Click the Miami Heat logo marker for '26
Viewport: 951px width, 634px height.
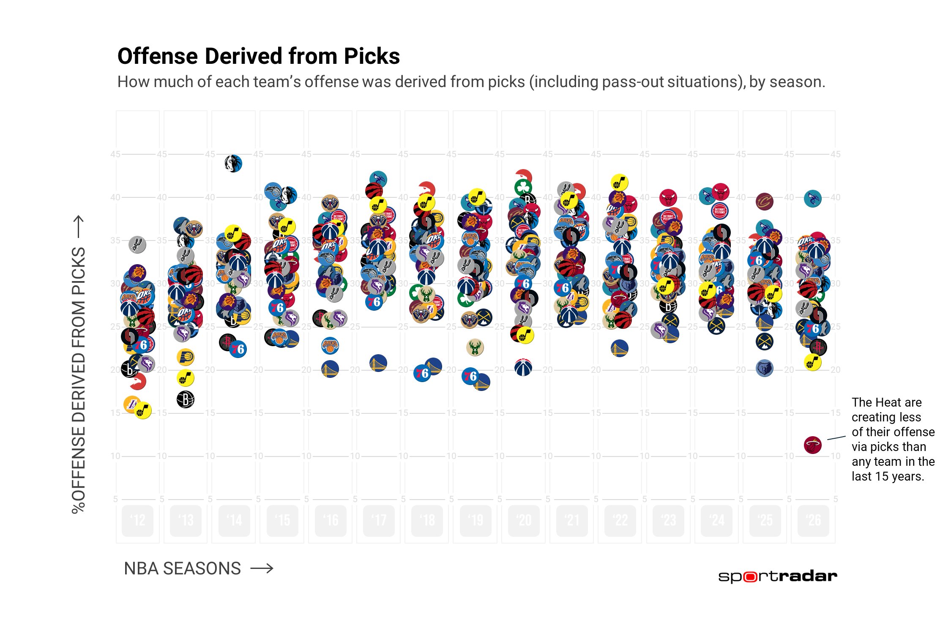812,445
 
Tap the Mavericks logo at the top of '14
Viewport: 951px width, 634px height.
233,164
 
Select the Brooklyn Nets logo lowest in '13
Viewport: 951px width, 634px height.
186,399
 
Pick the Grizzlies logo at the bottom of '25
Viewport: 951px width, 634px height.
764,368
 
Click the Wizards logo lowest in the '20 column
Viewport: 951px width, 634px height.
523,367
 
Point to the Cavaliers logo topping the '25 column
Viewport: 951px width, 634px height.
764,202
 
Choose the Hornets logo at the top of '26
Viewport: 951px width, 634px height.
812,198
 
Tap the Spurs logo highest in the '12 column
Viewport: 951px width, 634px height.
137,244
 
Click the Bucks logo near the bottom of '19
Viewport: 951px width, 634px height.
475,347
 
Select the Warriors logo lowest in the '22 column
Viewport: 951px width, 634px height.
619,348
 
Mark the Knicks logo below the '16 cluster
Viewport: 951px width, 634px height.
330,345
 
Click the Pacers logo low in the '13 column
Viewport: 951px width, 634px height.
185,357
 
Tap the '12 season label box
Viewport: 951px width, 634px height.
137,520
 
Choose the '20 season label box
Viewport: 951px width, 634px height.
524,520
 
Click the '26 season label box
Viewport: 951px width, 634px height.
813,520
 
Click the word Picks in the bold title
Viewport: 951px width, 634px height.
372,56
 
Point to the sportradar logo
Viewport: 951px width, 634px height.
777,577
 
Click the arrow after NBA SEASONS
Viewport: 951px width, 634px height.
262,568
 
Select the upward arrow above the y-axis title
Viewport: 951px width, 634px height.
79,226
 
